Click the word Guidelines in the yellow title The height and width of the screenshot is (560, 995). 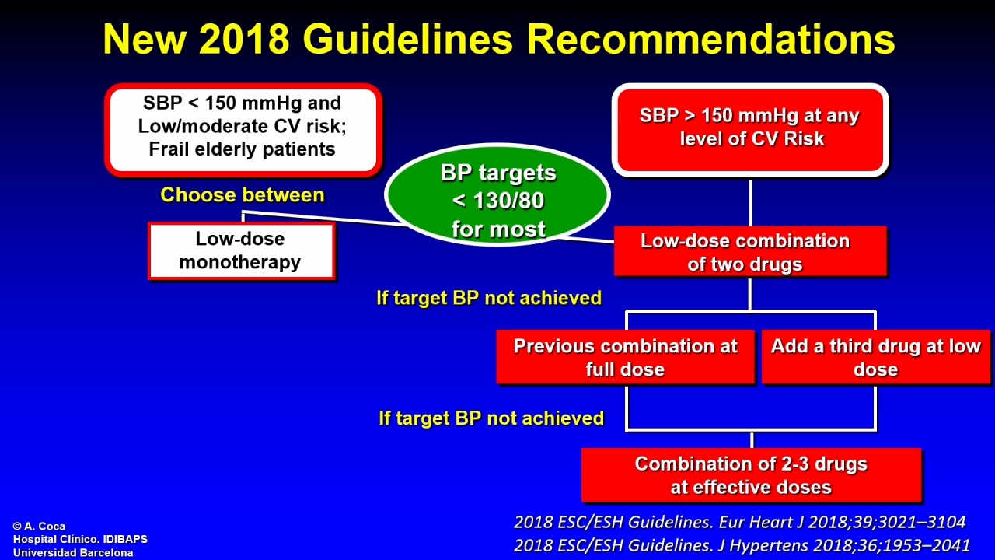pyautogui.click(x=408, y=39)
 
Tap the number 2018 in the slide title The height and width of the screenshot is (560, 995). pyautogui.click(x=244, y=39)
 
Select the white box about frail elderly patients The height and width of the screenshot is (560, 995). pyautogui.click(x=243, y=130)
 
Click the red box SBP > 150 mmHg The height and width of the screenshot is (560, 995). pyautogui.click(x=750, y=130)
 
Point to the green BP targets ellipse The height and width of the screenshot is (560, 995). pyautogui.click(x=497, y=194)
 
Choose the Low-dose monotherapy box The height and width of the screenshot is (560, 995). pyautogui.click(x=242, y=251)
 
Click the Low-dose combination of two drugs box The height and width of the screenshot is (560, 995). pyautogui.click(x=750, y=251)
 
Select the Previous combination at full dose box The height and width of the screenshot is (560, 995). pyautogui.click(x=626, y=357)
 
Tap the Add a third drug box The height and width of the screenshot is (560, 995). pyautogui.click(x=876, y=357)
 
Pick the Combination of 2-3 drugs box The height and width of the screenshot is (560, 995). pyautogui.click(x=752, y=475)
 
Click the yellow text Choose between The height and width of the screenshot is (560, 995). pyautogui.click(x=243, y=194)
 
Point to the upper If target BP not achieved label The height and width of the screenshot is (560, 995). pyautogui.click(x=489, y=298)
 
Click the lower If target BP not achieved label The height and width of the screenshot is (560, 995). pyautogui.click(x=491, y=418)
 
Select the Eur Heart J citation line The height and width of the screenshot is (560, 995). pyautogui.click(x=739, y=522)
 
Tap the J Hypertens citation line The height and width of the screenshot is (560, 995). pyautogui.click(x=742, y=545)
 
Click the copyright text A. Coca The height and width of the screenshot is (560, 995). pyautogui.click(x=39, y=527)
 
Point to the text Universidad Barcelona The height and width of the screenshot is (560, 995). pyautogui.click(x=73, y=553)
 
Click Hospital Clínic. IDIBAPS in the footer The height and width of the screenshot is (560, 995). pyautogui.click(x=80, y=539)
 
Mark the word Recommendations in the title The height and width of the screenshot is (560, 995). pyautogui.click(x=710, y=39)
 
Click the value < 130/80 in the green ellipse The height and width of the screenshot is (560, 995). pyautogui.click(x=498, y=201)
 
